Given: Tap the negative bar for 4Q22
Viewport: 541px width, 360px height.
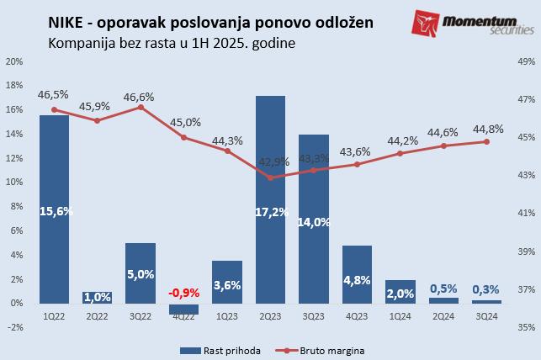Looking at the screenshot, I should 183,308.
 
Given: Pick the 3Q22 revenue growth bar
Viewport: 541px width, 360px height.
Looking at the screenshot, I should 141,273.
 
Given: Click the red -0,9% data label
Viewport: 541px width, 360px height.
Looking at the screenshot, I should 183,293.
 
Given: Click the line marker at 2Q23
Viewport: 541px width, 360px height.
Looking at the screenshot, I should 270,177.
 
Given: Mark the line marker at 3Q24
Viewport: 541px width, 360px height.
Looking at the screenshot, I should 485,141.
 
